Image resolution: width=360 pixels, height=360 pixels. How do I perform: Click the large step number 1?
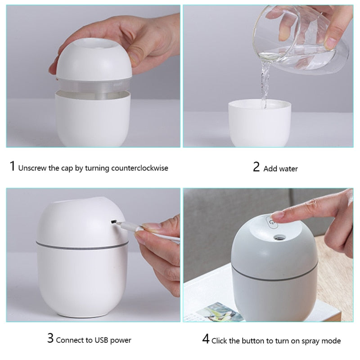13,166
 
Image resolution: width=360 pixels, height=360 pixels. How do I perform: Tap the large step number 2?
256,166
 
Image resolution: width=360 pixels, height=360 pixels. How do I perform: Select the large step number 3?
50,338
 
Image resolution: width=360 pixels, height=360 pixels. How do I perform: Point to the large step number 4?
206,339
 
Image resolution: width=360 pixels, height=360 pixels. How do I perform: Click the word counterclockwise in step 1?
139,168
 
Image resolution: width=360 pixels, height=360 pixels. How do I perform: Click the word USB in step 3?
101,340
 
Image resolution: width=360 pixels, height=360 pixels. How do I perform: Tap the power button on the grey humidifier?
272,222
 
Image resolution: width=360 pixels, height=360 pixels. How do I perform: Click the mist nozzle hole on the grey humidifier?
279,238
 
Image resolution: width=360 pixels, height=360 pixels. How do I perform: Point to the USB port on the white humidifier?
113,222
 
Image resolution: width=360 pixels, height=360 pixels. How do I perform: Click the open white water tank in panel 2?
260,123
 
